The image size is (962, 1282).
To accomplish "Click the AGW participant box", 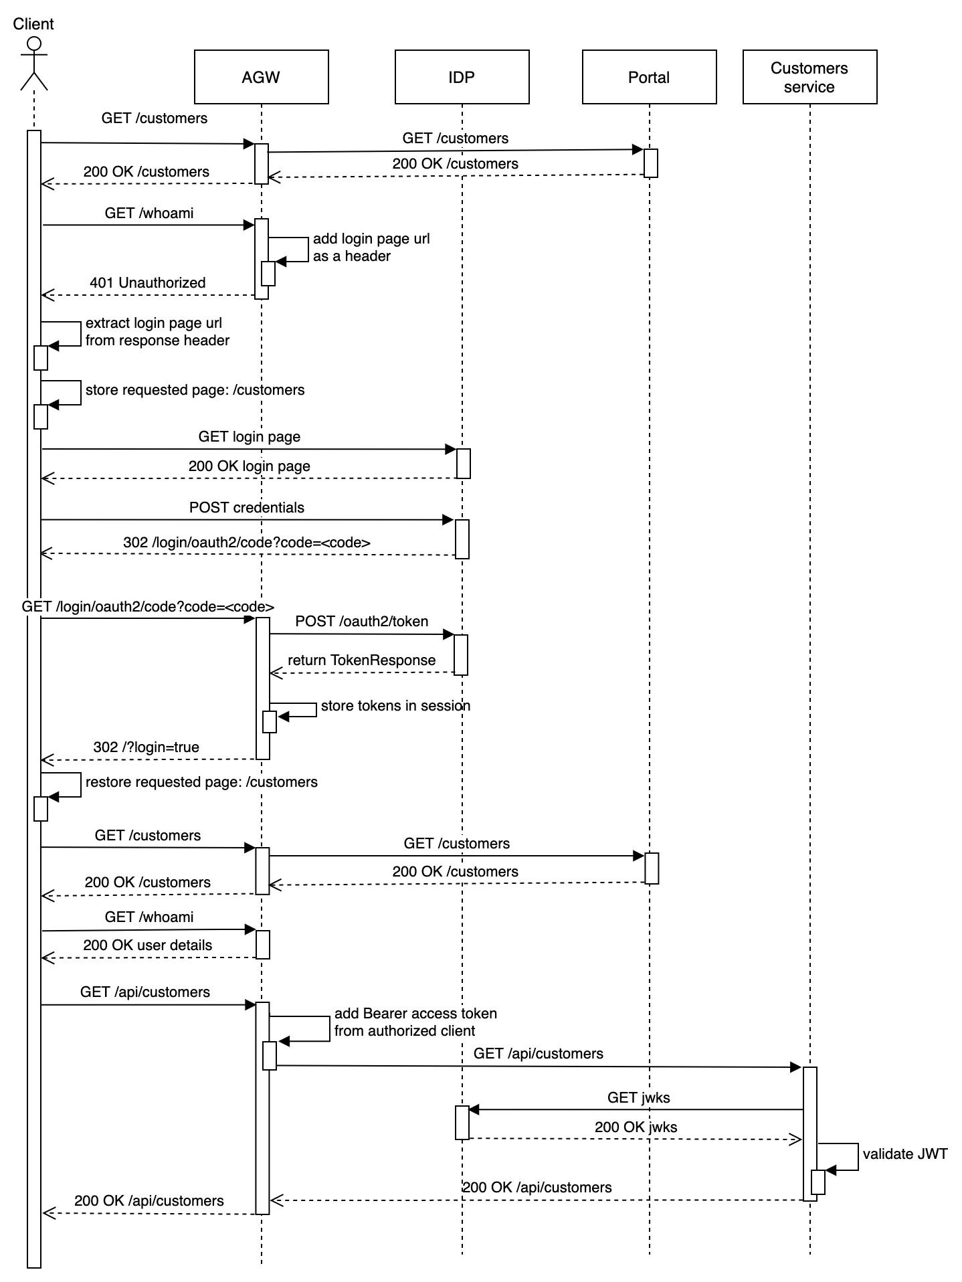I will (x=261, y=77).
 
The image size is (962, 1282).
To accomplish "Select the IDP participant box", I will (x=462, y=77).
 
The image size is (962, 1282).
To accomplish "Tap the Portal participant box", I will (x=649, y=77).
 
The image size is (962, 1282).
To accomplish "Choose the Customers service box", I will (x=809, y=77).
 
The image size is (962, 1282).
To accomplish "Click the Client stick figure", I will (x=33, y=64).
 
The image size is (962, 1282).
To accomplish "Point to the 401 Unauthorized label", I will (x=148, y=283).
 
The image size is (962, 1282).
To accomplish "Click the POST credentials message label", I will (x=247, y=508).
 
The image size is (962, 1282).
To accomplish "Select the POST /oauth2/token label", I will (x=362, y=622).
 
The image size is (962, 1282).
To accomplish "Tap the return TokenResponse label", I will (x=362, y=660).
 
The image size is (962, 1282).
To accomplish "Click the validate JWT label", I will (x=905, y=1154).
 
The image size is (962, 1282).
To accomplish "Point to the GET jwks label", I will (x=639, y=1098).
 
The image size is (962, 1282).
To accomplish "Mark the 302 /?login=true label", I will (x=147, y=747).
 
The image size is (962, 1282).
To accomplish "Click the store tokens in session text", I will (x=395, y=706).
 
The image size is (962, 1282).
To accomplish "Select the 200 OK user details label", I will (x=148, y=945).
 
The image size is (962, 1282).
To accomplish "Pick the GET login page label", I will (x=250, y=437).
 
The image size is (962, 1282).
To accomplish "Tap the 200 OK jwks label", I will (x=636, y=1127).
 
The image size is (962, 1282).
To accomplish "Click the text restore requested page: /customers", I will (x=201, y=782).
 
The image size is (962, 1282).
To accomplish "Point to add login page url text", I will (x=371, y=239).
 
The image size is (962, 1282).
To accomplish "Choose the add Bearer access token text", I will (x=415, y=1014).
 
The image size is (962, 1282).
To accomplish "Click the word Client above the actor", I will (x=33, y=24).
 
